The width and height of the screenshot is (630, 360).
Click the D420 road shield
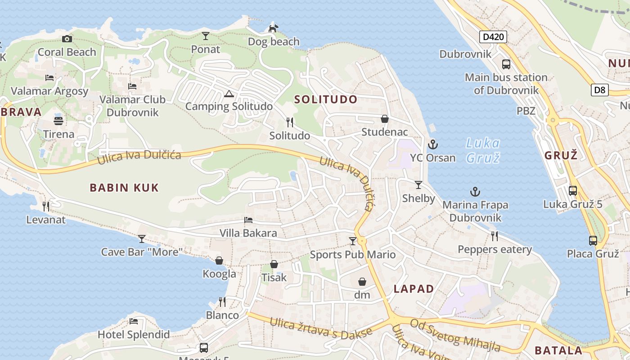click(x=493, y=37)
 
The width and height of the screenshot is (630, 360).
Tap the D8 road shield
click(x=600, y=90)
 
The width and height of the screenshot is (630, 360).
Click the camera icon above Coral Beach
click(x=67, y=39)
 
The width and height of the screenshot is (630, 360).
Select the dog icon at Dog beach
click(x=273, y=28)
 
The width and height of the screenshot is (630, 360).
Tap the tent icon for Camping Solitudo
click(x=229, y=94)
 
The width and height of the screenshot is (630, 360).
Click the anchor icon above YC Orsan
click(x=432, y=144)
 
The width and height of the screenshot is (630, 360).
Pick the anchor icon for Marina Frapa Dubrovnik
click(x=475, y=192)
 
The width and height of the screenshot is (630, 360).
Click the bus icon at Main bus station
click(x=506, y=64)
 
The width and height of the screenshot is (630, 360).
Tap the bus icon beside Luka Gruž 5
click(x=572, y=191)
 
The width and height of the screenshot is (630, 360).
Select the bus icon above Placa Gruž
click(x=593, y=241)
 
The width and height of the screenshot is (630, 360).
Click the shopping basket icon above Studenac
click(x=385, y=119)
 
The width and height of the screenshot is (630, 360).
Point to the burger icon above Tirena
click(x=58, y=121)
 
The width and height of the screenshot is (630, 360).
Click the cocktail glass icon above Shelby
click(x=418, y=185)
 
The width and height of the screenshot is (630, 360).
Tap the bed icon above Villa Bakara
click(x=248, y=220)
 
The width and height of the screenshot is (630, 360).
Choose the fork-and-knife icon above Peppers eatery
click(x=495, y=236)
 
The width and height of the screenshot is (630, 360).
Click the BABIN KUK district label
click(x=124, y=188)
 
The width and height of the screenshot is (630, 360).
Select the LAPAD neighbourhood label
click(x=414, y=289)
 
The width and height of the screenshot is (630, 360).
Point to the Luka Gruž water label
click(x=482, y=150)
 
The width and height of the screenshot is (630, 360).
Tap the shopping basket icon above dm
click(x=362, y=282)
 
